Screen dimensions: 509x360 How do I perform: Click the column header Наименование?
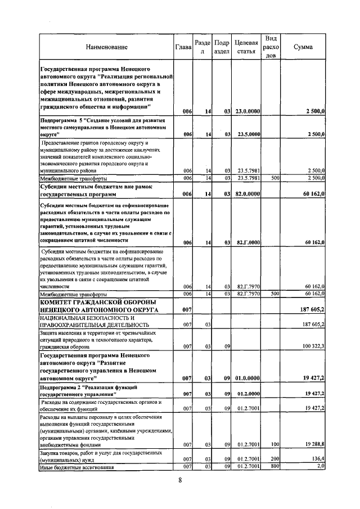click(x=107, y=47)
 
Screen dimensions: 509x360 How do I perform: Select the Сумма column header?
click(x=303, y=47)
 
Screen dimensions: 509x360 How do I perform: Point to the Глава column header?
click(x=183, y=47)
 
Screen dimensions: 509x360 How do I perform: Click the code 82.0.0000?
click(x=247, y=195)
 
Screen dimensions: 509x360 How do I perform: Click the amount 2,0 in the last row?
click(x=320, y=466)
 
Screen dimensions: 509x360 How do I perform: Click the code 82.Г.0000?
click(x=247, y=243)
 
